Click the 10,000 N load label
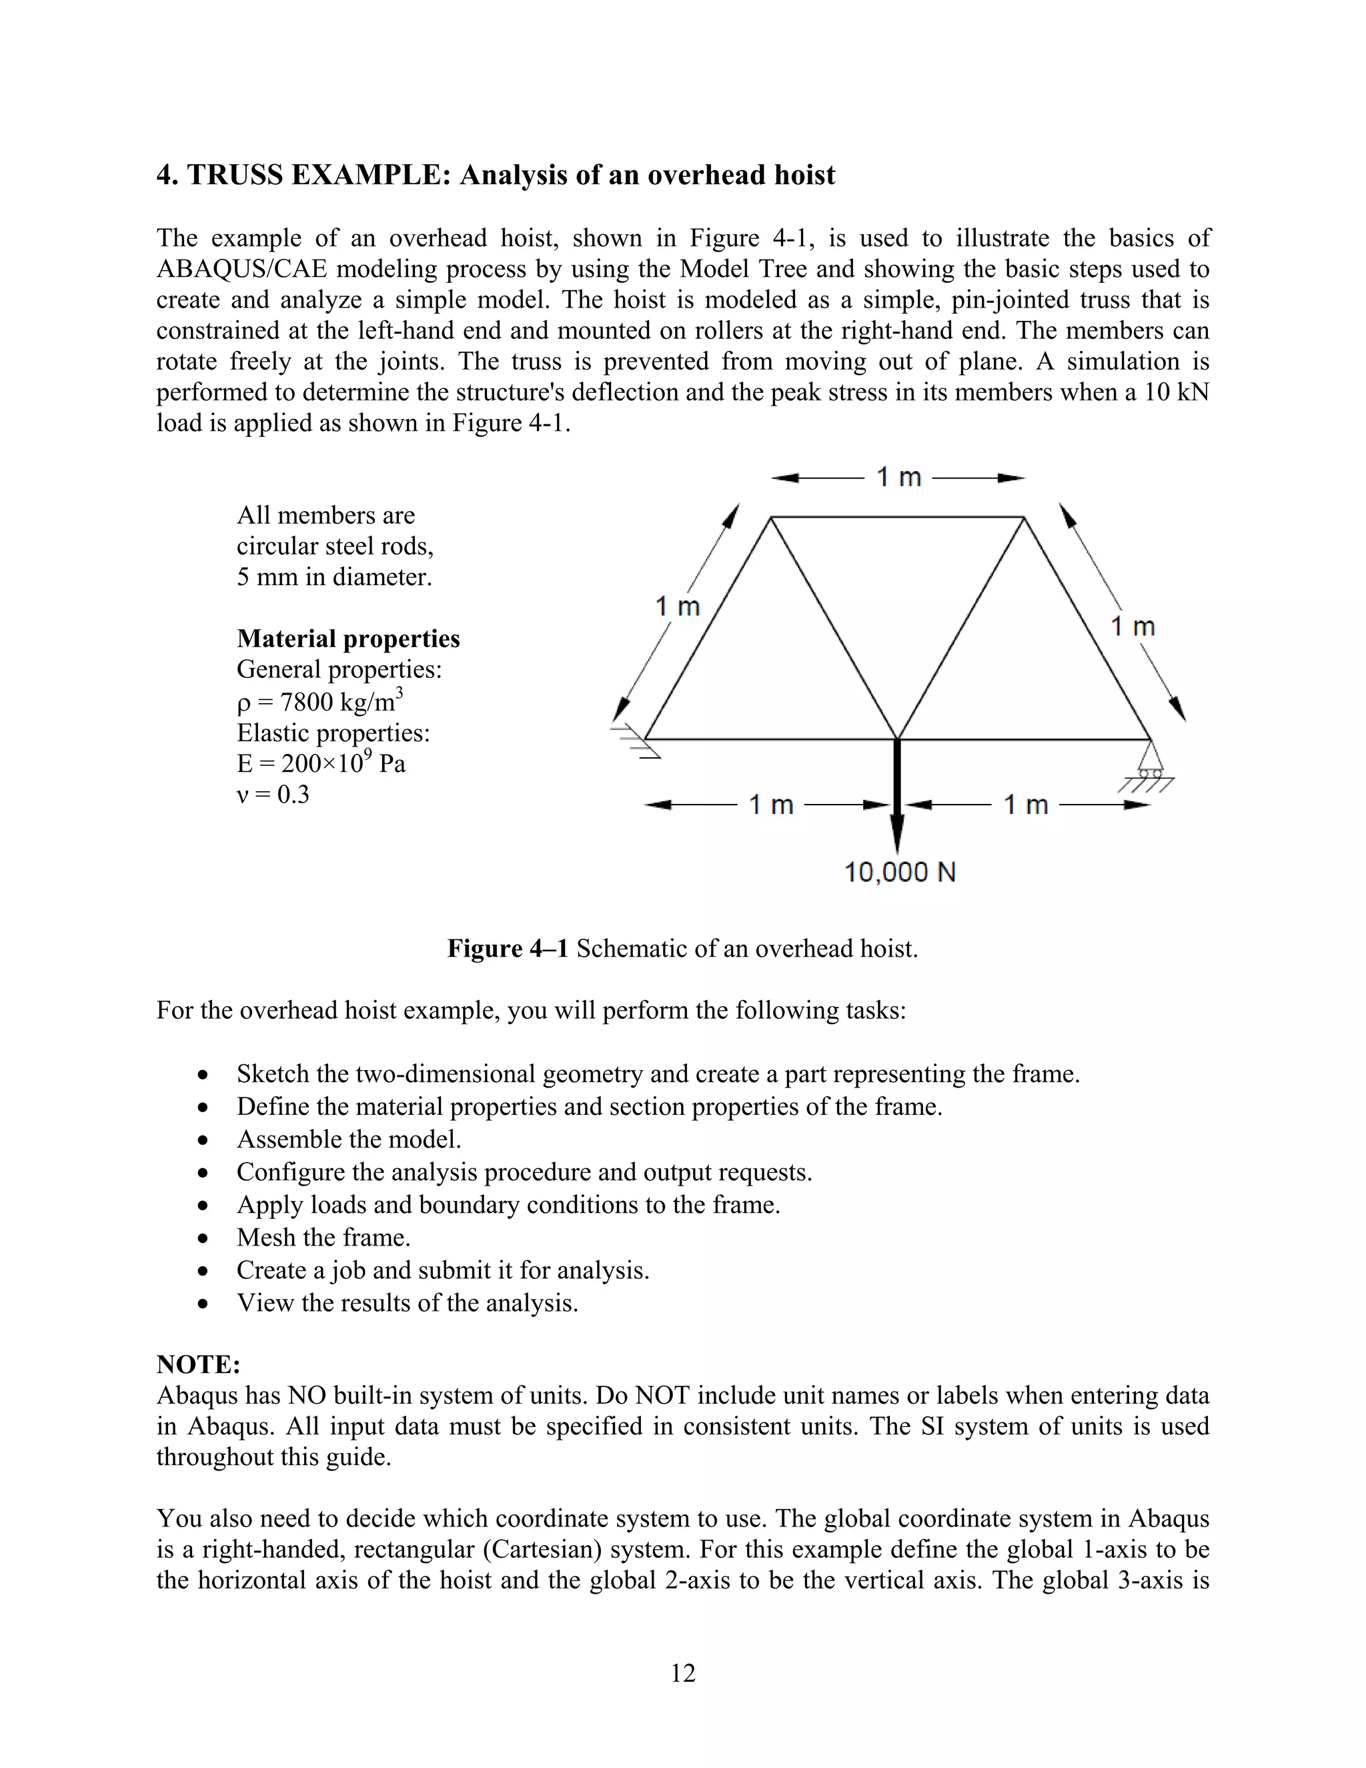(x=900, y=872)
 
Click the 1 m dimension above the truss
(x=898, y=478)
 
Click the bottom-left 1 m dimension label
(x=770, y=805)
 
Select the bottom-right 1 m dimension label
(x=1025, y=805)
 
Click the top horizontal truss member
(x=896, y=516)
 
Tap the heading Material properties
(x=348, y=638)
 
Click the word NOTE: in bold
(x=198, y=1364)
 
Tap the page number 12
(x=683, y=1673)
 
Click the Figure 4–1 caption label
(x=508, y=948)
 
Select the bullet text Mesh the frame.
(x=323, y=1237)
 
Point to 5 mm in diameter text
(x=334, y=577)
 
